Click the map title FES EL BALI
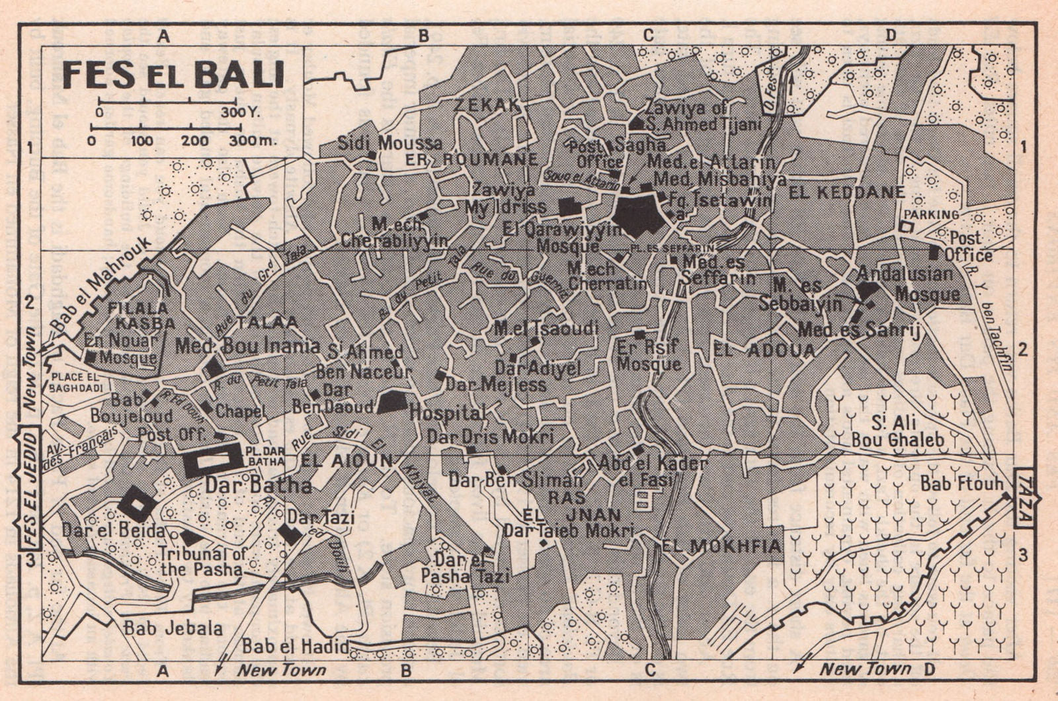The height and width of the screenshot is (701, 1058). pos(173,75)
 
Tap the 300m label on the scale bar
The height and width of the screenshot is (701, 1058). pos(252,141)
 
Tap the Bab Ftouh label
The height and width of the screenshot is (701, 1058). pos(961,485)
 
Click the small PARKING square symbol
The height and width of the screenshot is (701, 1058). pos(906,226)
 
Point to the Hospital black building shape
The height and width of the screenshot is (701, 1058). pos(393,402)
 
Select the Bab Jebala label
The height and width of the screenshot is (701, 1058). pos(173,628)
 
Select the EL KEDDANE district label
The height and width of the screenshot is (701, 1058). pos(846,192)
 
